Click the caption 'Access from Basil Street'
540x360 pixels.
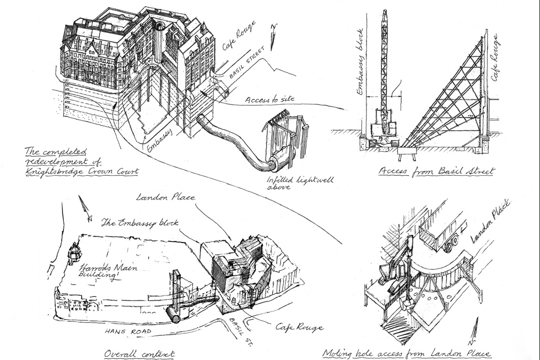(x=436, y=171)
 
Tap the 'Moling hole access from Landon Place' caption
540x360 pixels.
(x=406, y=353)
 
